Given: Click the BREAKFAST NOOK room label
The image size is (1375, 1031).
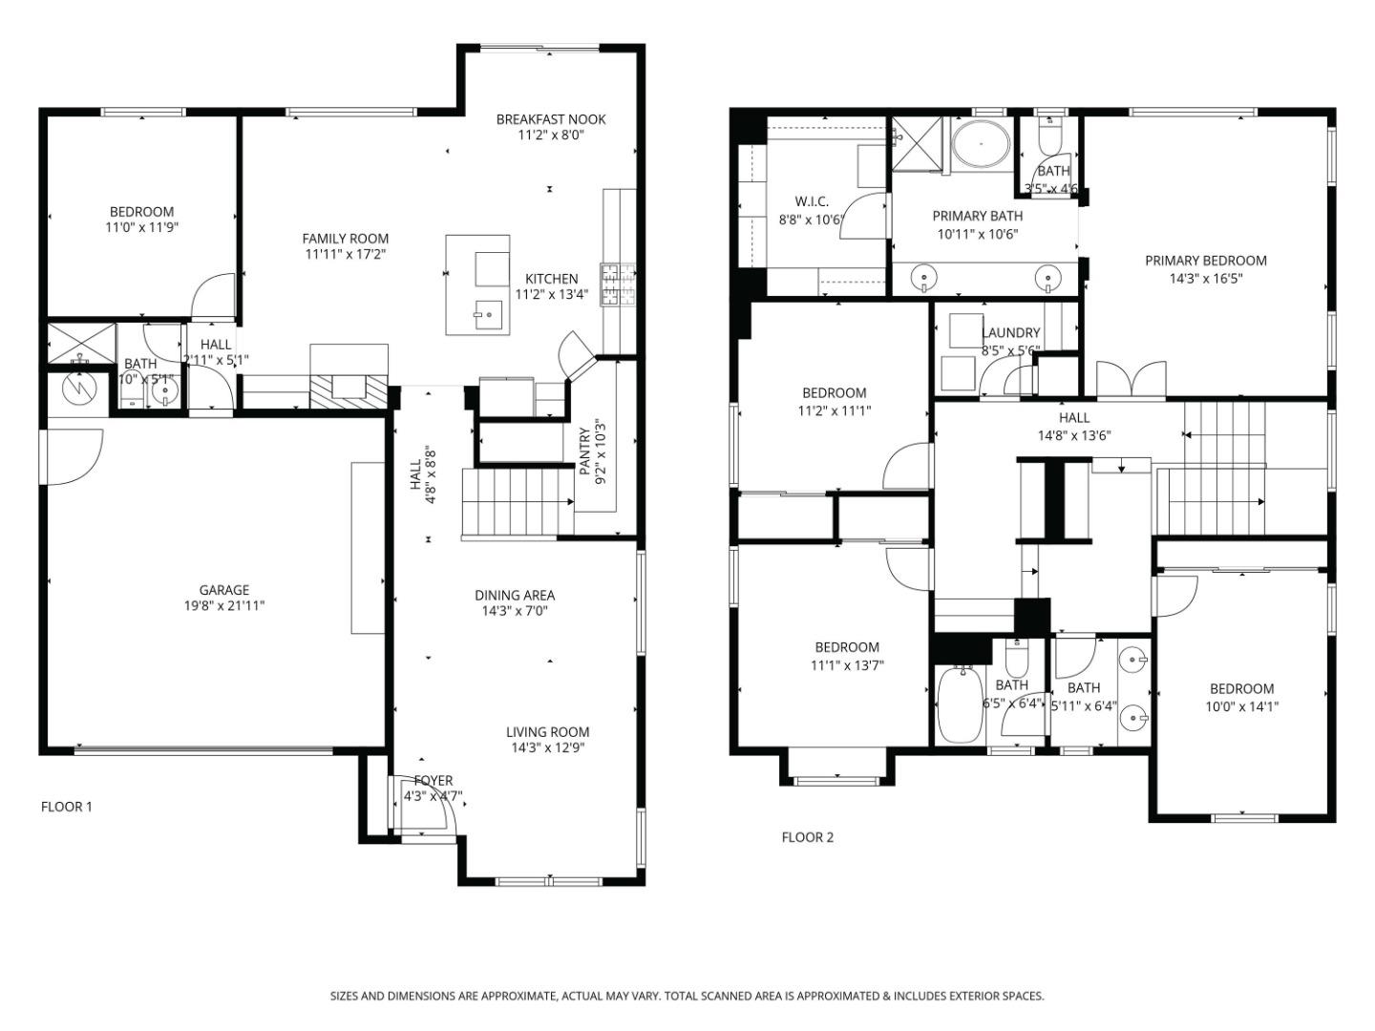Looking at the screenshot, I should coord(550,119).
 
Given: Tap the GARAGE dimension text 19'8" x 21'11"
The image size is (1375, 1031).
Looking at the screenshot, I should coord(224,606).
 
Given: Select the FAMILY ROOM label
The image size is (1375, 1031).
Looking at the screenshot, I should coord(345,239).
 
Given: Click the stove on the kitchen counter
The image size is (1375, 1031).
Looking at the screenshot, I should coord(617,284).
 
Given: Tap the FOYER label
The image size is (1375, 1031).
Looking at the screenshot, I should coord(433,781).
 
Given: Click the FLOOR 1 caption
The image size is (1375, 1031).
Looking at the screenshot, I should coord(66,807).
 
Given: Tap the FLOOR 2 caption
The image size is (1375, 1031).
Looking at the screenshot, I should coord(807,837).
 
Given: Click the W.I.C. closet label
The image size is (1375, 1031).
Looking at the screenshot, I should coord(812,201).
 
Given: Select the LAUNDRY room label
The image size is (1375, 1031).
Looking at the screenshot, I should coord(1010,333).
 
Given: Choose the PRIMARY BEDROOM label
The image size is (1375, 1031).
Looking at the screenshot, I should coord(1205,261).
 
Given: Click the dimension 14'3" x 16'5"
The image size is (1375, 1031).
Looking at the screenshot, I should coord(1205,279).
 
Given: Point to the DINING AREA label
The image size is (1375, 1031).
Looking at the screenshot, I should coord(515,596).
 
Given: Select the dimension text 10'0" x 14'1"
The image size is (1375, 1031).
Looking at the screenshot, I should coord(1241,707).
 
